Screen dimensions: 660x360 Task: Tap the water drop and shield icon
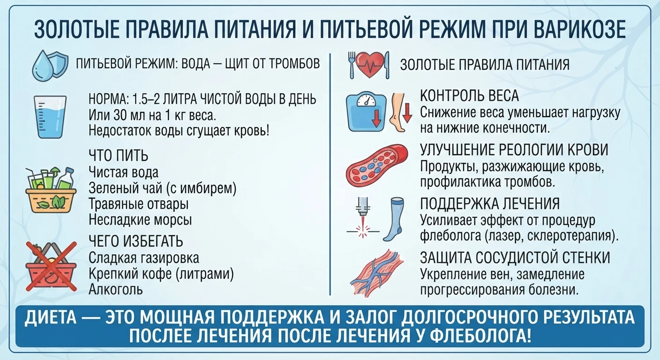50,66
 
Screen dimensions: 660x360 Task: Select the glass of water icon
50,117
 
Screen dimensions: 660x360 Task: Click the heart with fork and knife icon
369,65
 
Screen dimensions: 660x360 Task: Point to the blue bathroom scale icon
366,112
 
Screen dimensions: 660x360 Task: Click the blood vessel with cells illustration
377,166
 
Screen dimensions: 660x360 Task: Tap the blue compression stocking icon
394,219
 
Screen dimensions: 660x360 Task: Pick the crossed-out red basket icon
51,267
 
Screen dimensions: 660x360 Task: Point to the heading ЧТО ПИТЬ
119,155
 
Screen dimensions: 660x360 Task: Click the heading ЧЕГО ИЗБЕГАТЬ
136,241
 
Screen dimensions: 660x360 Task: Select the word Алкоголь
116,289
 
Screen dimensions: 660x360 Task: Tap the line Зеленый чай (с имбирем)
163,188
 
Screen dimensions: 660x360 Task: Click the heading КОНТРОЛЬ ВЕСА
469,96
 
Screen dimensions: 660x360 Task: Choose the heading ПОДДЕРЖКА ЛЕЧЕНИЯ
490,203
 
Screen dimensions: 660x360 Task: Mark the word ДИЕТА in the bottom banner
50,317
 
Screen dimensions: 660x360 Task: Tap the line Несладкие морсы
140,220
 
